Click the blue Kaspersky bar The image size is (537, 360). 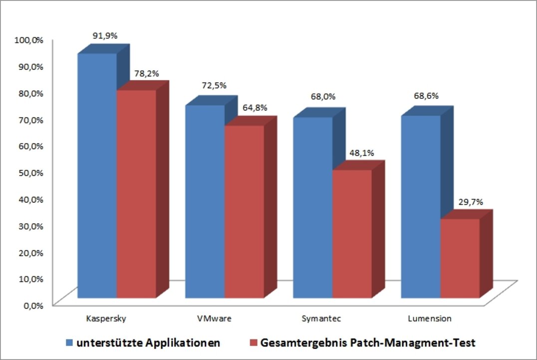click(x=97, y=175)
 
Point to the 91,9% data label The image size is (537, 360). click(x=105, y=35)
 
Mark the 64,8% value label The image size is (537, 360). click(x=255, y=107)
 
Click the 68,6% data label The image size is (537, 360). click(x=426, y=96)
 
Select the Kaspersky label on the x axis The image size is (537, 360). click(x=102, y=318)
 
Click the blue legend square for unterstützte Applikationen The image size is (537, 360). click(x=70, y=343)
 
